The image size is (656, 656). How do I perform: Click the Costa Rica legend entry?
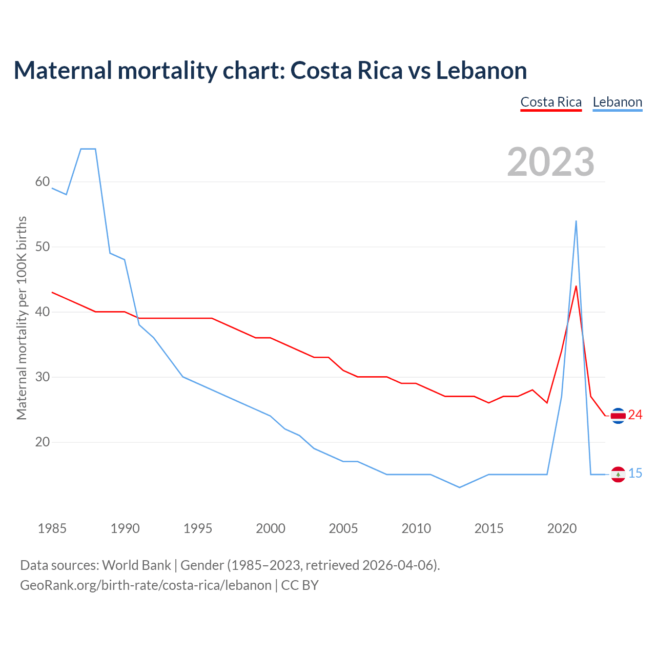tap(551, 102)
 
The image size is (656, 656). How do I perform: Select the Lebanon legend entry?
tap(617, 102)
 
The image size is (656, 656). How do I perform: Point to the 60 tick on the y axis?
tap(43, 182)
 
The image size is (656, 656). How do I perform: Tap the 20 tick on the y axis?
tap(43, 442)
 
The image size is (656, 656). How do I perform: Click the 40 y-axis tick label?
tap(43, 312)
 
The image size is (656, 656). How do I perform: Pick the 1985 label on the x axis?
tap(52, 528)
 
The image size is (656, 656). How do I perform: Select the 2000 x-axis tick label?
tap(271, 528)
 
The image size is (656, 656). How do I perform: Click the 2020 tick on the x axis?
tap(562, 528)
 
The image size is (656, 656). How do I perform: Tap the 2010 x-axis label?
tap(416, 528)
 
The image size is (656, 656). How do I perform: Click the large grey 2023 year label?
tap(551, 162)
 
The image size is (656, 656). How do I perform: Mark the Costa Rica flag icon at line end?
tap(618, 416)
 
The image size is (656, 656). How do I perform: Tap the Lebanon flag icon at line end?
tap(618, 475)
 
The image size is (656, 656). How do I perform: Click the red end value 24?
tap(635, 415)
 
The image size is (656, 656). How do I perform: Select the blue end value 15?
tap(635, 474)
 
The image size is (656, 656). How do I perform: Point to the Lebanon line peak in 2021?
tap(576, 221)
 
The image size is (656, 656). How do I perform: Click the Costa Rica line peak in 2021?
tap(576, 286)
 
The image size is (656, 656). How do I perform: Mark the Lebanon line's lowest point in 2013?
tap(460, 487)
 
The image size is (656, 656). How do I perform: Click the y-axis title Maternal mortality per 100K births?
tap(22, 318)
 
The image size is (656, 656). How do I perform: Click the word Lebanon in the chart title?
tap(481, 71)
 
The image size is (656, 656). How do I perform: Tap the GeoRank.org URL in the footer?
tap(146, 585)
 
